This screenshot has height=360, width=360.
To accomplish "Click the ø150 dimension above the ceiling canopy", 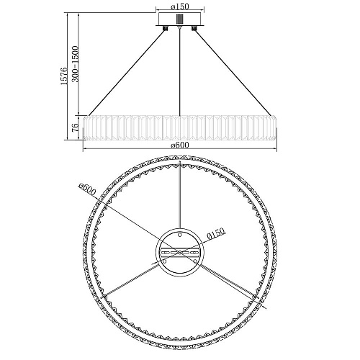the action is tap(180, 6).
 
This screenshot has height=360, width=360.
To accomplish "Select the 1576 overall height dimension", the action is tap(64, 76).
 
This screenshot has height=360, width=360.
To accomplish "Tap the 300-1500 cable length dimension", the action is tap(76, 64).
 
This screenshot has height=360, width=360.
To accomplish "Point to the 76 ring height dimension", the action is tap(75, 127).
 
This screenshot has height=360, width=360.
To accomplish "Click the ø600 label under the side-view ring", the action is tap(180, 145).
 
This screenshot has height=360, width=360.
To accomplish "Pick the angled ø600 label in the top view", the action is tap(87, 189).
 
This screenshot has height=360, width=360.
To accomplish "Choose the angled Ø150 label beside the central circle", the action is tap(216, 233).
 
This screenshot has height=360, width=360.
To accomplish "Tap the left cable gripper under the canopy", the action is tap(166, 28).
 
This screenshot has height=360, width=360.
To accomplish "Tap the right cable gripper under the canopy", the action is tap(194, 28).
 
